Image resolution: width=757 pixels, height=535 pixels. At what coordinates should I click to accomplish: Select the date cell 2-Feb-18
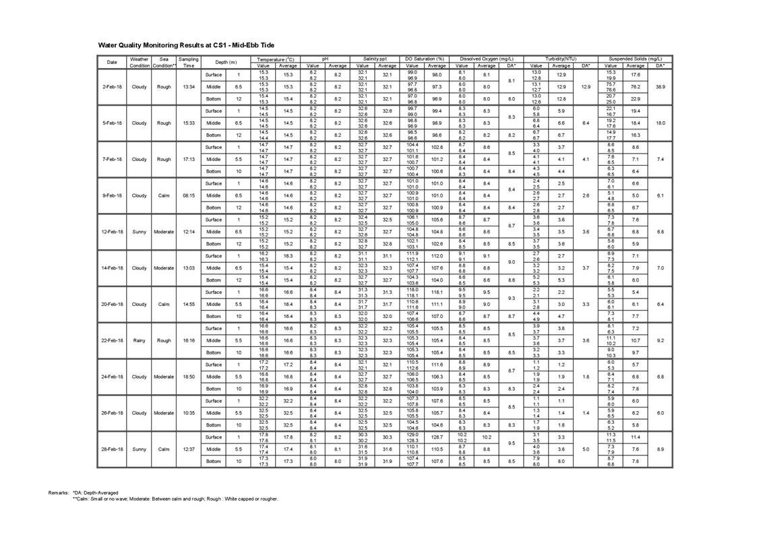(x=112, y=87)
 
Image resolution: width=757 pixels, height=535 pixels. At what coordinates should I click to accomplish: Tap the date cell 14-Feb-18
(x=112, y=268)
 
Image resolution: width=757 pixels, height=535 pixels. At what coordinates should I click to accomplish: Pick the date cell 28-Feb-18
(x=112, y=449)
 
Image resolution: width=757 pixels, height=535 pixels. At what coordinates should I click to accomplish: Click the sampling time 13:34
(x=189, y=87)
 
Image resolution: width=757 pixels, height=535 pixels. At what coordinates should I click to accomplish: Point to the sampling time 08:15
(x=189, y=195)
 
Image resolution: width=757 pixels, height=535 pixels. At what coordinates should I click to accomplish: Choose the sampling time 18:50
(x=189, y=377)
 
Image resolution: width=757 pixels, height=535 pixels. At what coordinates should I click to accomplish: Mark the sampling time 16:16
(x=189, y=340)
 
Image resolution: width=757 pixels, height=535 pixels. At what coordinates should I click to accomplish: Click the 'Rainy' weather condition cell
(x=139, y=340)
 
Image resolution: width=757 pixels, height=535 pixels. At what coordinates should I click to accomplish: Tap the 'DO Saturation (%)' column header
(x=425, y=59)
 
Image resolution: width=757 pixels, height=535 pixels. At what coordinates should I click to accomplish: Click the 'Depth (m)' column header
(x=226, y=63)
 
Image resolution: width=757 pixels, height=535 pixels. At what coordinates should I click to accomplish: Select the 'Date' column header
(x=112, y=63)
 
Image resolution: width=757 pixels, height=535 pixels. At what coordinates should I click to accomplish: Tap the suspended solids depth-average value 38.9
(x=661, y=87)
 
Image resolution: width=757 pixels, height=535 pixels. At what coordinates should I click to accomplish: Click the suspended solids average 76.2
(x=635, y=87)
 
